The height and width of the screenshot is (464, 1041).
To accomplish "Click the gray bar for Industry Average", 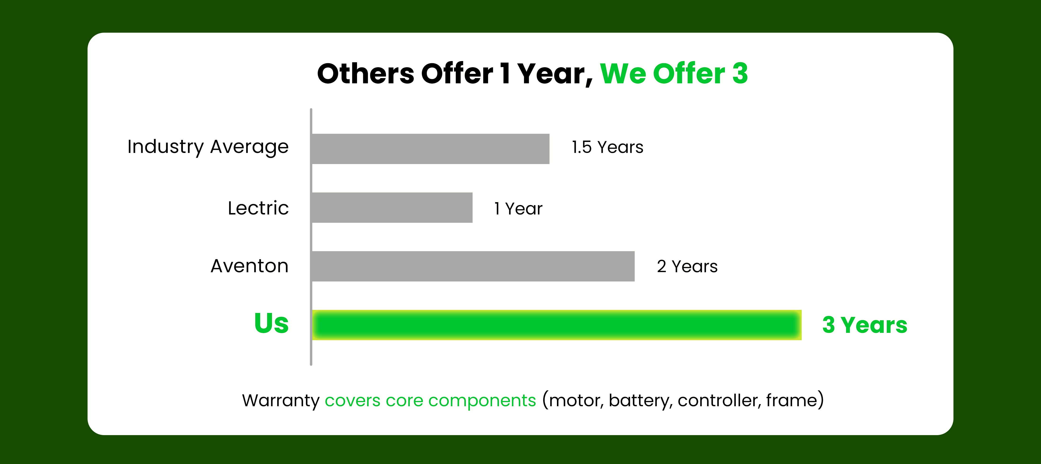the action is [431, 149].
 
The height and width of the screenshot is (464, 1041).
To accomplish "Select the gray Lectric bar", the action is [393, 208].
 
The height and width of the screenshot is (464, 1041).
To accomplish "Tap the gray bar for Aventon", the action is [473, 266].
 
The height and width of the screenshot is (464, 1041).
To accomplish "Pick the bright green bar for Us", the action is [557, 325].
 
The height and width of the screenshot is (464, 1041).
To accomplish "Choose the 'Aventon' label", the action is [250, 266].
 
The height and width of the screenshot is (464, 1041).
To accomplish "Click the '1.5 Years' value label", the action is [607, 147].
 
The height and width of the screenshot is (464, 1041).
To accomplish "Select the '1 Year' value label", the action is [518, 209].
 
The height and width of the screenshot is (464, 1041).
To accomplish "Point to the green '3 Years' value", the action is [865, 325].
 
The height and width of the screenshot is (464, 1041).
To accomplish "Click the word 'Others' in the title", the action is [366, 74].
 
